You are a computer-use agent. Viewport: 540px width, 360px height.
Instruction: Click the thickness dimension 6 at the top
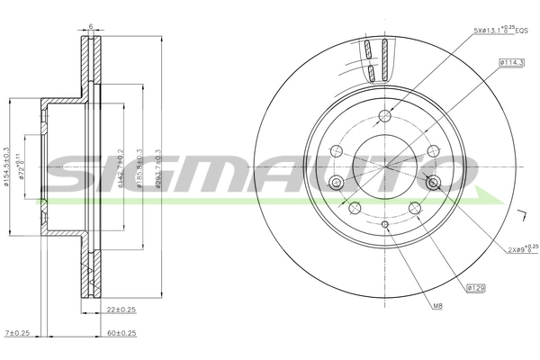tap(91, 27)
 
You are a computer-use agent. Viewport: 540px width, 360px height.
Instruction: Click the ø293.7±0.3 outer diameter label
tap(157, 167)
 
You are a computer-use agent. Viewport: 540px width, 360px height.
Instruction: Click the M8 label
tap(437, 306)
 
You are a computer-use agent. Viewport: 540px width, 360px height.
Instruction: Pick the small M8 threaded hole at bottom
tap(384, 224)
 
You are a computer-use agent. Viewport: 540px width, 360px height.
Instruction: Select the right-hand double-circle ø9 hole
tap(434, 183)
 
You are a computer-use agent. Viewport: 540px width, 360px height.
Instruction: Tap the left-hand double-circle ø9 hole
tap(337, 183)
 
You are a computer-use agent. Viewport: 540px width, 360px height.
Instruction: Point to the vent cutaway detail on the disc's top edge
tap(379, 59)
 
